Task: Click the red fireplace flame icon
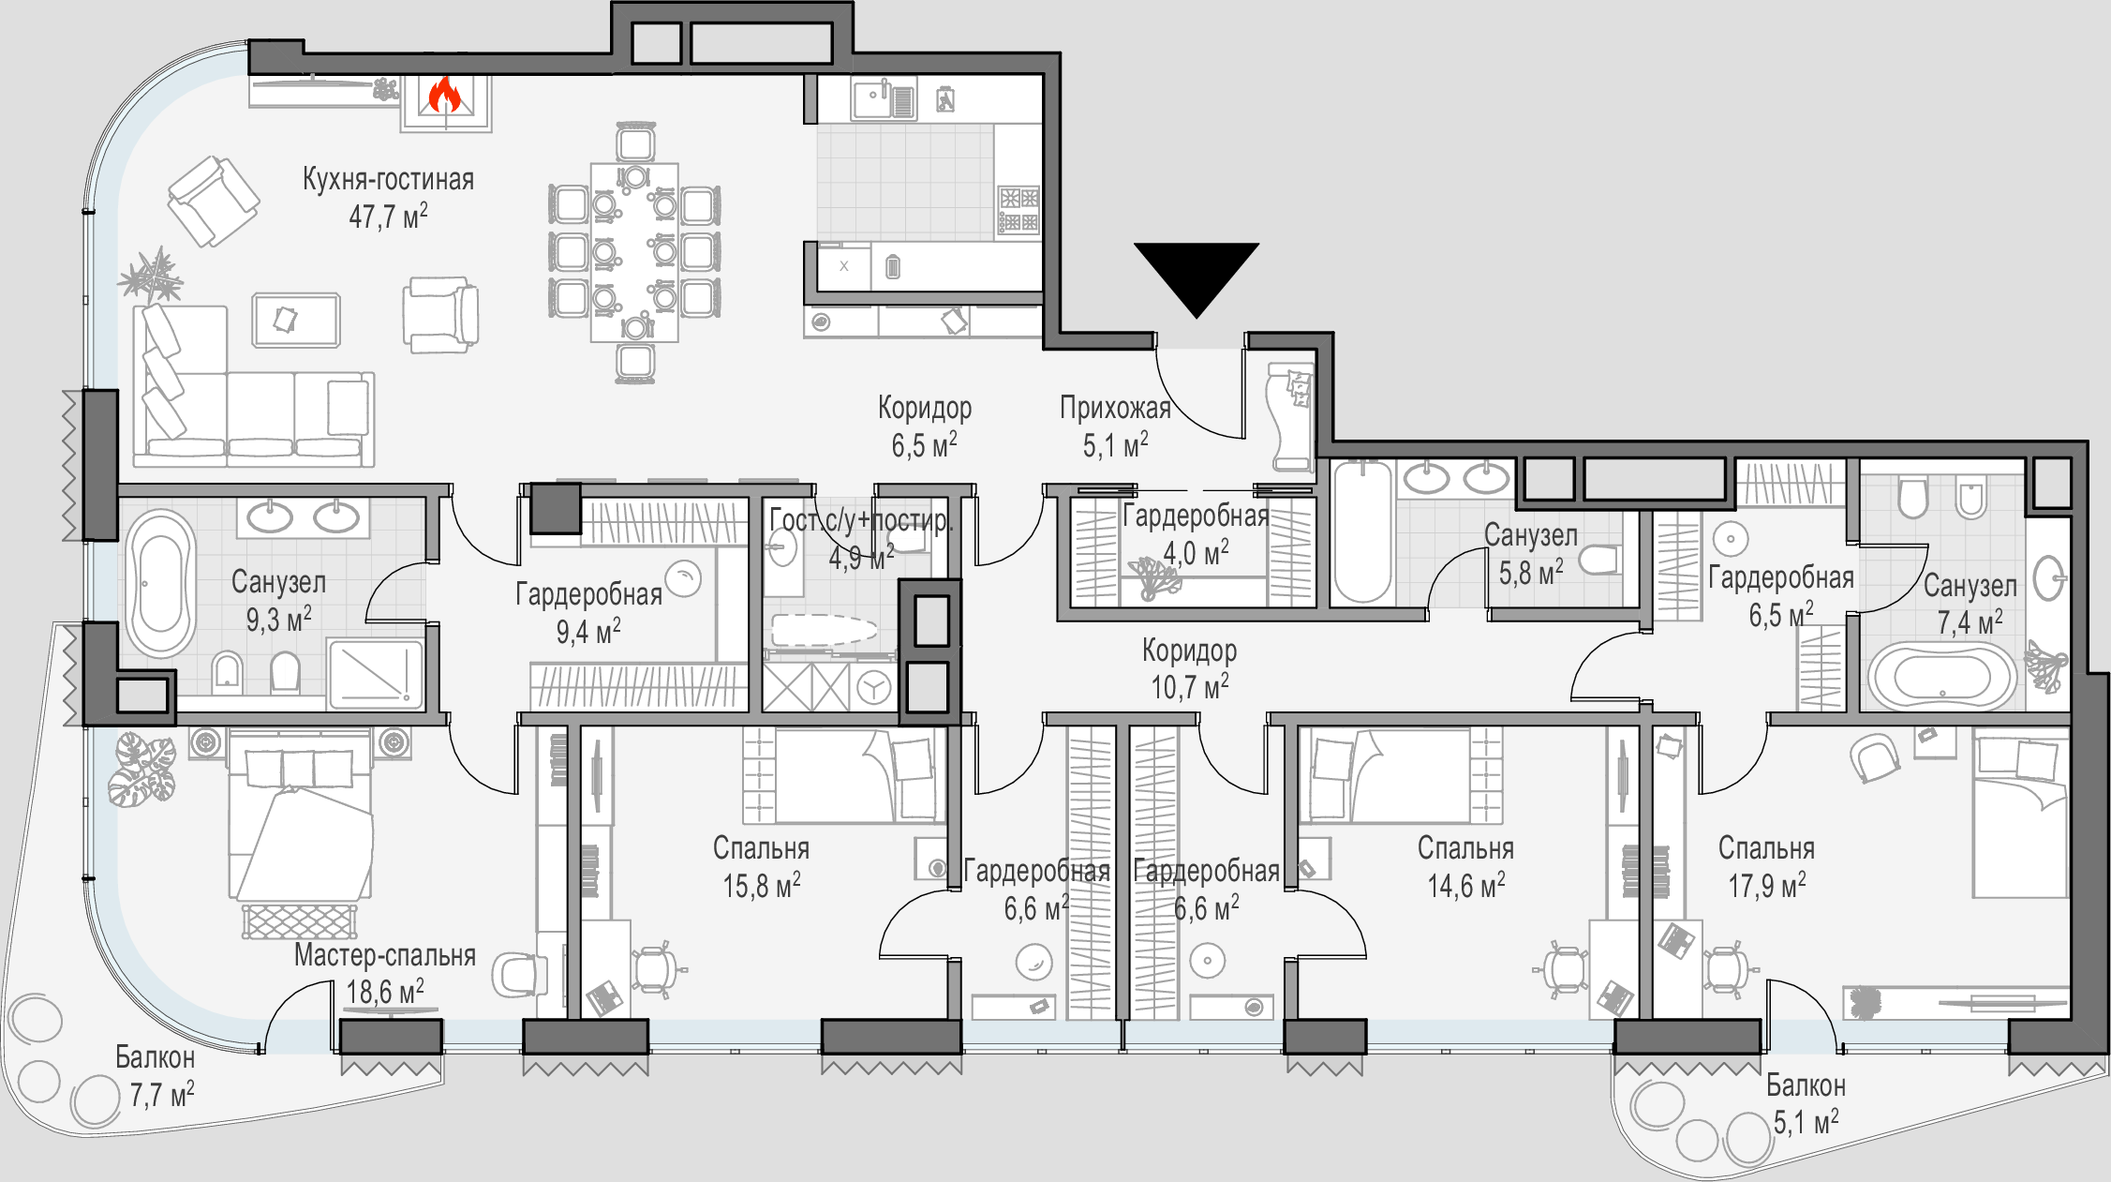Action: click(x=444, y=95)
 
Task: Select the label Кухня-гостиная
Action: click(x=388, y=179)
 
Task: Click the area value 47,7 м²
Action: click(x=388, y=217)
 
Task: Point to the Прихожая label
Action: click(x=1115, y=408)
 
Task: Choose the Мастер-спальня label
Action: click(x=385, y=955)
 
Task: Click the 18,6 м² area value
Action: click(x=385, y=991)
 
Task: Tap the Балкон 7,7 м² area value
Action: click(x=162, y=1094)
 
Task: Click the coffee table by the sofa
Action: click(x=295, y=320)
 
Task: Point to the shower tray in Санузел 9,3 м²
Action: click(x=375, y=673)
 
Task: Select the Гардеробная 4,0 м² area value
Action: click(x=1196, y=553)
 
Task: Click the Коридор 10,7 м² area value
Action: click(x=1190, y=687)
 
